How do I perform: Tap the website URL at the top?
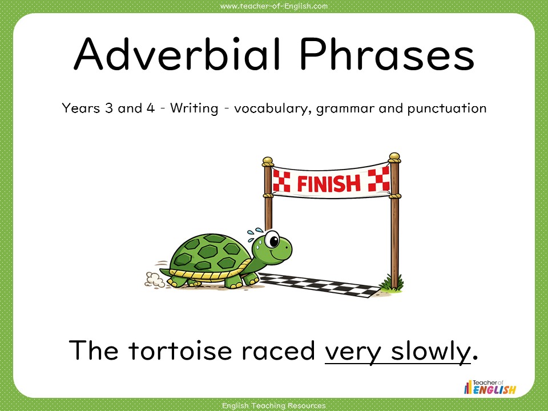click(274, 6)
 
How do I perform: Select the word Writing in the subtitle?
click(195, 108)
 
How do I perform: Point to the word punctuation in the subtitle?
click(446, 108)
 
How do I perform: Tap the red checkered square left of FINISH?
click(281, 180)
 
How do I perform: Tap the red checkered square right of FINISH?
click(378, 179)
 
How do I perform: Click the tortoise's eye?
click(273, 239)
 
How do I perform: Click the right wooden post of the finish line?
click(394, 223)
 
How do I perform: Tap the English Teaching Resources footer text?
click(274, 405)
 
